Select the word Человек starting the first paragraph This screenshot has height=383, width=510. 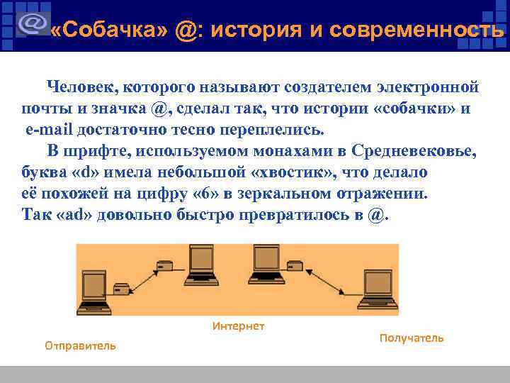tap(80, 88)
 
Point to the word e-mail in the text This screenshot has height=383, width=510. tap(50, 131)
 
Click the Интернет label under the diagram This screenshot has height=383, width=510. tap(239, 326)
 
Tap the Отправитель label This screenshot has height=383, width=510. tap(80, 345)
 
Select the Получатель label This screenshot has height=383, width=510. tap(412, 338)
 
